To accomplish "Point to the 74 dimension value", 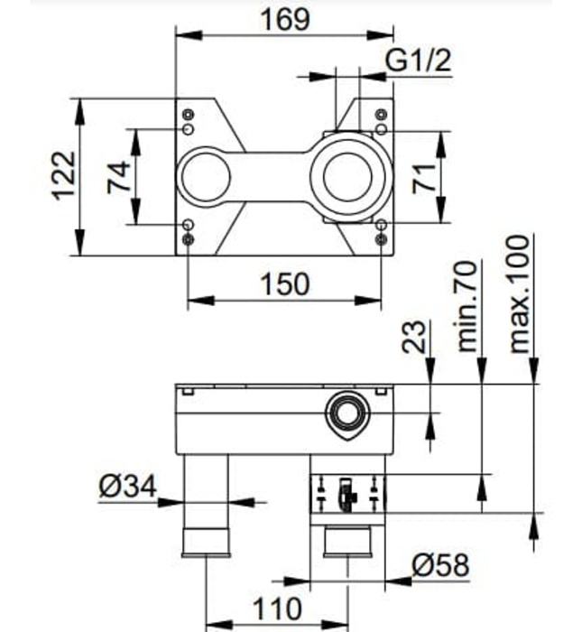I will point(118,176).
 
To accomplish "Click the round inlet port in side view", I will point(346,414).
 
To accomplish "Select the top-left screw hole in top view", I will point(188,115).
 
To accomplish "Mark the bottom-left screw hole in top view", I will point(188,239).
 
